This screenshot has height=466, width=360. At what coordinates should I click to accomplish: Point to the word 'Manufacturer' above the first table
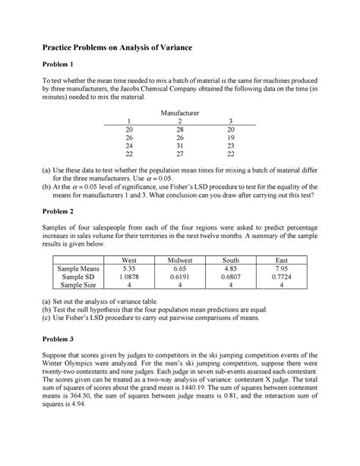pyautogui.click(x=179, y=113)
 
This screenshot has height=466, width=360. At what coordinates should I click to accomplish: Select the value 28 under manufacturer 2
pyautogui.click(x=180, y=130)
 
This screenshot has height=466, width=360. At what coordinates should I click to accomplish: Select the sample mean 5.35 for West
pyautogui.click(x=128, y=269)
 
